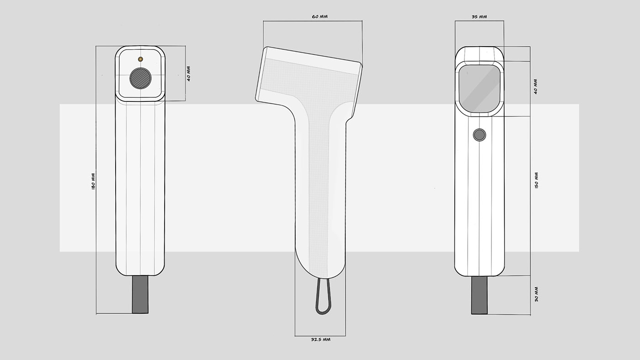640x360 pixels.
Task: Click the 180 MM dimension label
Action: pos(93,181)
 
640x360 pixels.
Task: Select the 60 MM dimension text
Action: pos(320,17)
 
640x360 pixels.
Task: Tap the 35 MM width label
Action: pos(479,17)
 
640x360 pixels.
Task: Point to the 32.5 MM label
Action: pos(320,340)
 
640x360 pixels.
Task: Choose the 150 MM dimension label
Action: pos(536,180)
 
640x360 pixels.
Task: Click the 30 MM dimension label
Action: pos(536,294)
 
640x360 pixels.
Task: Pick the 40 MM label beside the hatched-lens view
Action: pos(188,74)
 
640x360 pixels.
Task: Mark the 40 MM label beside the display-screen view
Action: pos(535,86)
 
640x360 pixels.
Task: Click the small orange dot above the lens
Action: pos(140,59)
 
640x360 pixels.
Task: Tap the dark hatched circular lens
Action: pos(140,78)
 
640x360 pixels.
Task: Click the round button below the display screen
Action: pos(479,135)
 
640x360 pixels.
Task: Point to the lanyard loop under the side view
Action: pos(322,297)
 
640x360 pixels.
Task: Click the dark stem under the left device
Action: pos(140,295)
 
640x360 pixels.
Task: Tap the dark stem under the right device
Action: pos(479,295)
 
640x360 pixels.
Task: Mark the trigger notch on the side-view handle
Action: pos(349,120)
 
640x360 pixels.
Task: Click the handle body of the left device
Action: pos(140,187)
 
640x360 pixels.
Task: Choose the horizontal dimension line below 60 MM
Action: pos(313,21)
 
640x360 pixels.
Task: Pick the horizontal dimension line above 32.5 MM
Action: pos(320,336)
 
